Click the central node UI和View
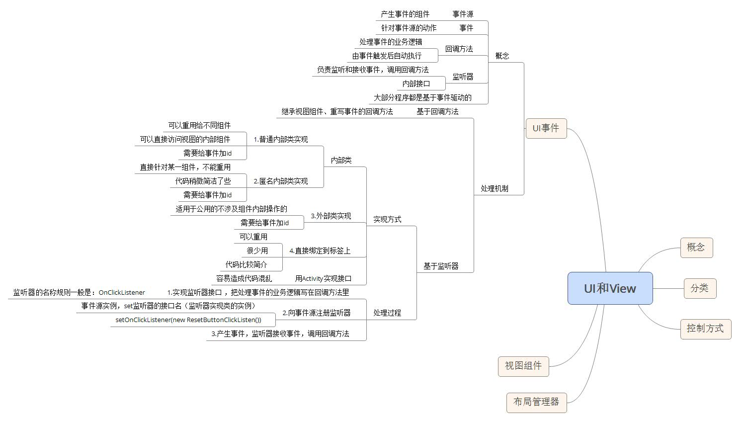coord(610,288)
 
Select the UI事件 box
coord(546,128)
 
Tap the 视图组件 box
coord(523,366)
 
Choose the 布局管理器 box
coord(536,402)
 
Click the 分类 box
coord(699,288)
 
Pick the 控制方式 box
coord(705,329)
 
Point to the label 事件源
coord(463,14)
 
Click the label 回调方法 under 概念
coord(459,49)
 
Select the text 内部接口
coord(416,84)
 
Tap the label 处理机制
coord(494,189)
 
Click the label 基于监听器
coord(441,266)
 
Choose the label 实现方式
coord(387,219)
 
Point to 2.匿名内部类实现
coord(280,181)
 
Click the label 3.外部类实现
coord(331,216)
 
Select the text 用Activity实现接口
coord(323,279)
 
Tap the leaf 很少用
coord(257,251)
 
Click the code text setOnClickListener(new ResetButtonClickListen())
coord(188,320)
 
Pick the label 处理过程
coord(387,313)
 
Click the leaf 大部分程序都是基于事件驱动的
coord(422,98)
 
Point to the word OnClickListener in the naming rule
coord(122,293)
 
